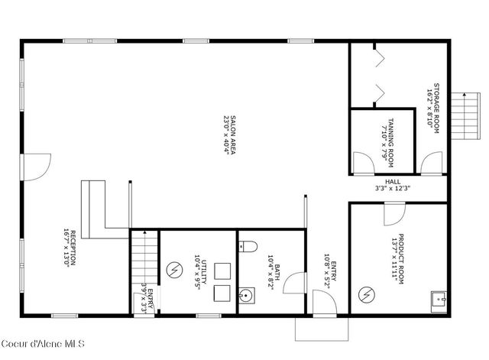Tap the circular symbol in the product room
pos(368,293)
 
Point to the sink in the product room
pos(439,299)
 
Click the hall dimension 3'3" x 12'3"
pos(393,188)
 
